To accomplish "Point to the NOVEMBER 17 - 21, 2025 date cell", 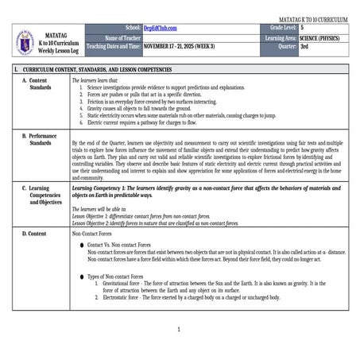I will [179, 46].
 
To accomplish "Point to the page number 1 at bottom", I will [180, 329].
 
